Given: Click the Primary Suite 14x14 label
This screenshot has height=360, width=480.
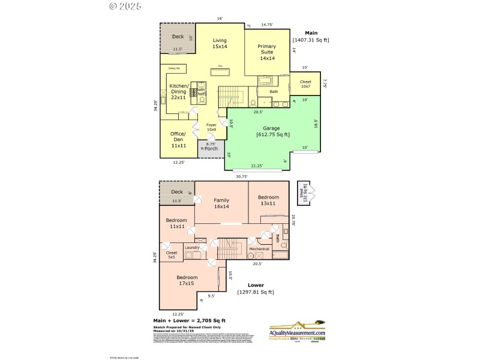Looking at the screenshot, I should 267,52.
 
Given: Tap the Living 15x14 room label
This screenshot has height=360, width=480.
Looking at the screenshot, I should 219,43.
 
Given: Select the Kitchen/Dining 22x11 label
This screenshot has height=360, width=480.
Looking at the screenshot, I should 179,92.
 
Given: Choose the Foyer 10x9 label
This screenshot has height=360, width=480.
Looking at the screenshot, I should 211,127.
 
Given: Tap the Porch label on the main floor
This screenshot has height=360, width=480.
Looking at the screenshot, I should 211,148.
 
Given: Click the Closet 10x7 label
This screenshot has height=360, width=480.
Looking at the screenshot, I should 305,84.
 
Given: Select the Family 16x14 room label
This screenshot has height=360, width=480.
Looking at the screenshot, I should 221,203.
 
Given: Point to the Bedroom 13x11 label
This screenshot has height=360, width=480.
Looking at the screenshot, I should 268,200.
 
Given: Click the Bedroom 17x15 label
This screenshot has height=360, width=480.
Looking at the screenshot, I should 187,280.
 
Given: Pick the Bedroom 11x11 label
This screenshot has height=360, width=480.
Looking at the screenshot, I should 176,223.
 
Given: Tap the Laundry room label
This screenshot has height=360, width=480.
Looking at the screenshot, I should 192,248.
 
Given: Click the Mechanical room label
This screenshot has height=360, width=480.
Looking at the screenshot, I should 259,248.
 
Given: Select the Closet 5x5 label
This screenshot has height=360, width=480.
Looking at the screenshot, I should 171,255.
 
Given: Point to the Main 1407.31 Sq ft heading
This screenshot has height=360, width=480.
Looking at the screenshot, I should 311,37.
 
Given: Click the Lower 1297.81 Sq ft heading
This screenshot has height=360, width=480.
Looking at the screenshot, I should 256,289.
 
